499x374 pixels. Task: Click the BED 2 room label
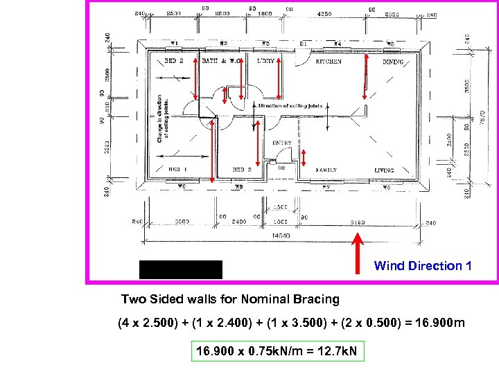173,62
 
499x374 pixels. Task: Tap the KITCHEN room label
329,62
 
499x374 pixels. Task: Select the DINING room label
393,62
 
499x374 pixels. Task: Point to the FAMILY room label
326,170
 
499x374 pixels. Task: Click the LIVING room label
384,170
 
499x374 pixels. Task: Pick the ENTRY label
282,143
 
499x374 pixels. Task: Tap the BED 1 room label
177,170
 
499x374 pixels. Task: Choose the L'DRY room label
265,62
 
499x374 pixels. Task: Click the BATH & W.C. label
220,62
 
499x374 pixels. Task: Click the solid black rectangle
180,269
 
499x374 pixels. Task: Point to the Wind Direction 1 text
423,266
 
